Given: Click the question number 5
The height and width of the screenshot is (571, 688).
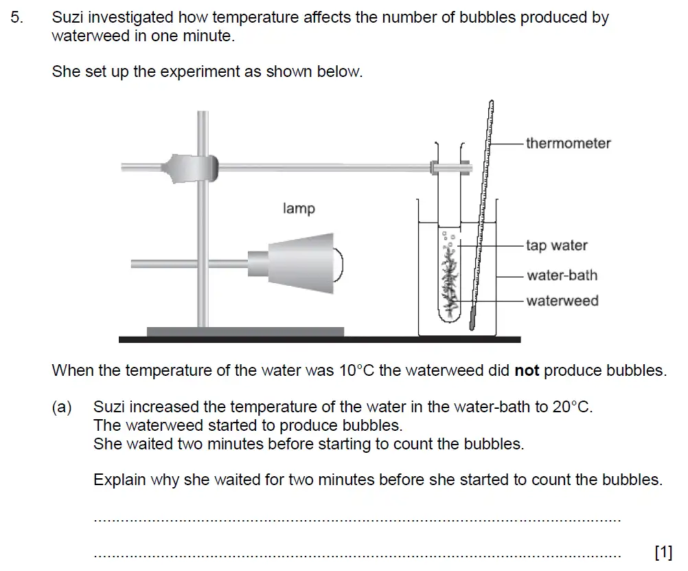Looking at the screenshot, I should point(16,18).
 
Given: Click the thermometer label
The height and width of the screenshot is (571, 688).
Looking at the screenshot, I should point(568,144).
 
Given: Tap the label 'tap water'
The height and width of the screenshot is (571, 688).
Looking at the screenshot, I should point(557,245).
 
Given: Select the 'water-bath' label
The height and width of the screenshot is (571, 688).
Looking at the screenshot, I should point(562,276).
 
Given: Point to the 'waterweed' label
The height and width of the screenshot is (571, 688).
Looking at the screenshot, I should point(562,301).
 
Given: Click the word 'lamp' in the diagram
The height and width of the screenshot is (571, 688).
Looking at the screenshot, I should point(299,208).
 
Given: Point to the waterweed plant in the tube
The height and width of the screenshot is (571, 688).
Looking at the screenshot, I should point(450,282).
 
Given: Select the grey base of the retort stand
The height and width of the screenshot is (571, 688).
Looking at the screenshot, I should point(245,332).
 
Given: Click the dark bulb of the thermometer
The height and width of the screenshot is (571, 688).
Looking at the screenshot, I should point(473,319).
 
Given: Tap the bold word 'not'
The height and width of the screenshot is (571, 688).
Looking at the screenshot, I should point(527,371).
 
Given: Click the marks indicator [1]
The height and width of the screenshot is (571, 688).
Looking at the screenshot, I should point(663,552).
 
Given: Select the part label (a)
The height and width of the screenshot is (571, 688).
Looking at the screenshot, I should point(62,407).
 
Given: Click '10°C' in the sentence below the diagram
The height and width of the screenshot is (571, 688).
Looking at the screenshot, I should point(356,371).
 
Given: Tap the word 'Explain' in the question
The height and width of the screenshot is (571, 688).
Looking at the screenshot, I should point(119,480).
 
